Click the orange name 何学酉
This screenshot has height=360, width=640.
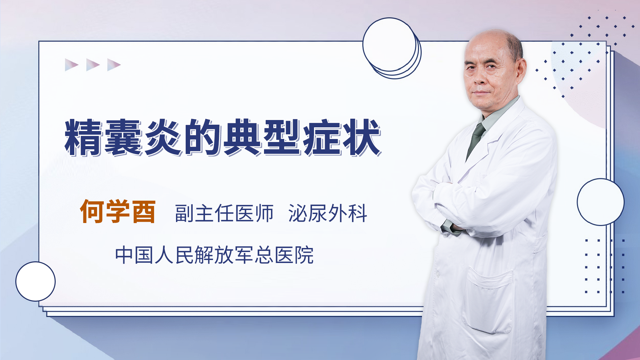click(x=118, y=212)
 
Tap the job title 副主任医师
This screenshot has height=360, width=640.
click(x=224, y=213)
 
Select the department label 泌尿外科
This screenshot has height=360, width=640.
click(x=328, y=213)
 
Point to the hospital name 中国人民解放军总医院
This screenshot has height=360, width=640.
click(x=214, y=255)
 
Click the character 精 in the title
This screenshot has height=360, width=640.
click(x=83, y=137)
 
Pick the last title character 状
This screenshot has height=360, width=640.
click(x=362, y=137)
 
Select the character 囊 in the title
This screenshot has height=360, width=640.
click(x=123, y=137)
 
